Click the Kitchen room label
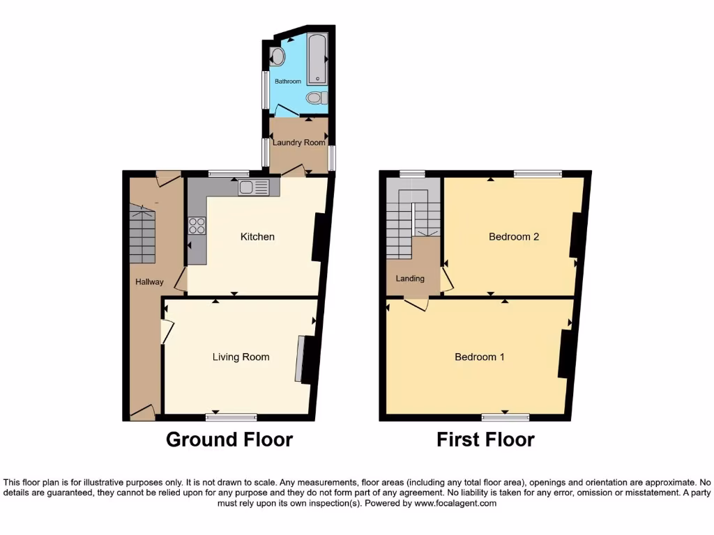pos(257,237)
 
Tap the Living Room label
pos(241,357)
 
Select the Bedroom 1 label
pos(480,357)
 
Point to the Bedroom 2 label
pos(514,237)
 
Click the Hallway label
pos(149,282)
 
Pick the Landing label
pos(410,279)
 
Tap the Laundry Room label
pos(299,143)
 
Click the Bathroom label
pos(288,82)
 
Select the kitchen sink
pos(253,187)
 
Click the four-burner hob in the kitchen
pos(197,225)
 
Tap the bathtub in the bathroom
pos(318,59)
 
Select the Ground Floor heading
pos(229,440)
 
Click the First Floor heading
pos(485,440)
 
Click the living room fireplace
pos(301,359)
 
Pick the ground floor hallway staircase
pos(142,233)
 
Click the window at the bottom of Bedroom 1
pos(505,417)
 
